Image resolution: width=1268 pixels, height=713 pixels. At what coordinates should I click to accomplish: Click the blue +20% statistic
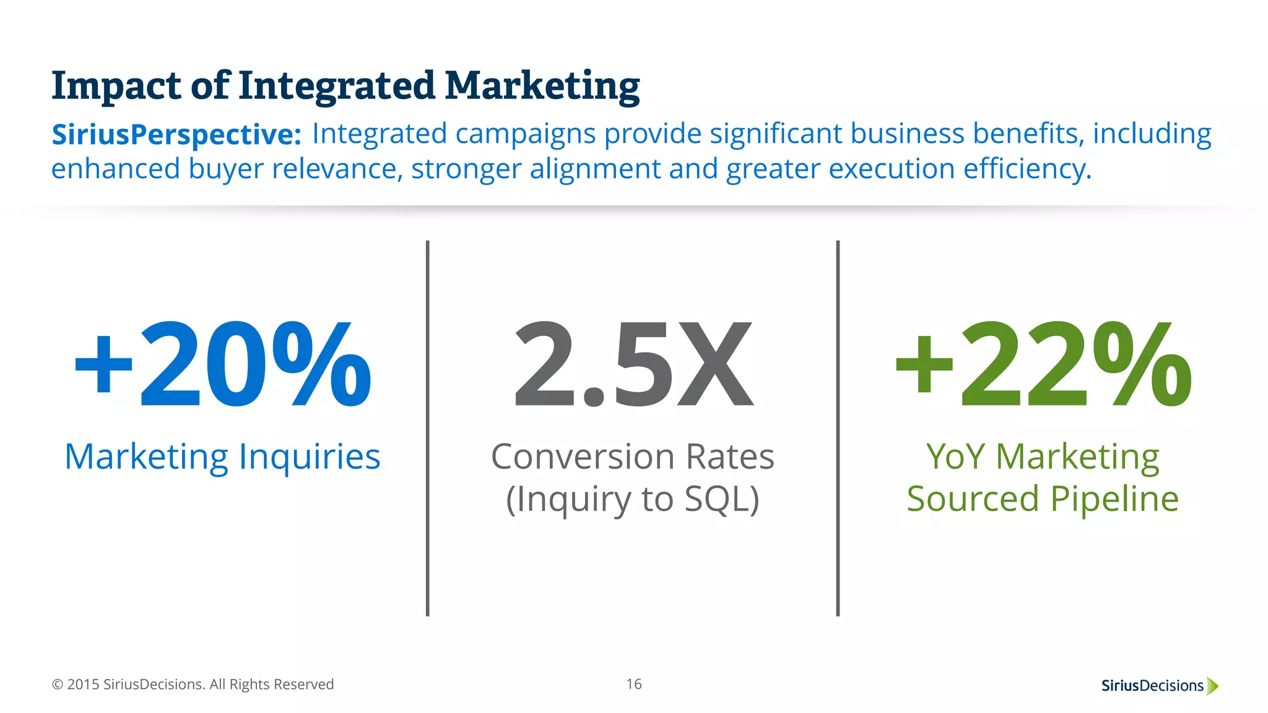(x=223, y=365)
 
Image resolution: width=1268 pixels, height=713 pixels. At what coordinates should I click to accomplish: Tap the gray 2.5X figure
(x=633, y=365)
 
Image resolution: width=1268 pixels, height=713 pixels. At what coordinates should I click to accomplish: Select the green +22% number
(x=1043, y=365)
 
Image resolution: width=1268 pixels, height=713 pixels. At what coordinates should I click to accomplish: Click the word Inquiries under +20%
(x=309, y=457)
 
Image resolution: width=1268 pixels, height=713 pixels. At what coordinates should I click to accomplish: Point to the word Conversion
(x=583, y=457)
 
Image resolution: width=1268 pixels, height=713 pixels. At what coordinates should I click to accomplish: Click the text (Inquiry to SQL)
(x=633, y=499)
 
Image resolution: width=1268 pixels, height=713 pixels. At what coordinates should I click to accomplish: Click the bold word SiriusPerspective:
(x=176, y=134)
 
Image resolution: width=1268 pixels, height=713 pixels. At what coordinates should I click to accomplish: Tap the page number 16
(x=633, y=684)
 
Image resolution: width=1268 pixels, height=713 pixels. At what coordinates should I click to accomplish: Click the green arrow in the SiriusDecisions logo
(x=1212, y=686)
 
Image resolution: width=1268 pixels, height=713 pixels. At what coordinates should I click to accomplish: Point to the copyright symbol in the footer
(x=58, y=685)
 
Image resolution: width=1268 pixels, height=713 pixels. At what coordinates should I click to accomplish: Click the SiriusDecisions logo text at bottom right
(x=1152, y=686)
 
